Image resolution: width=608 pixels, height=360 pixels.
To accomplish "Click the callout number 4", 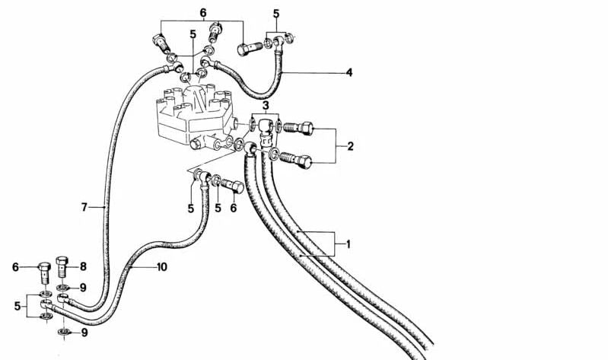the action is tap(349, 72).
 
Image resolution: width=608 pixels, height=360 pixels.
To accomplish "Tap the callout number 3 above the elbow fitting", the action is tap(266, 105).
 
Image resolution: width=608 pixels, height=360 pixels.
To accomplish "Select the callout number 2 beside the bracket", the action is tap(350, 146).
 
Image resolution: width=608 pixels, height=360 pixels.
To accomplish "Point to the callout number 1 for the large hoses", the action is tap(349, 244).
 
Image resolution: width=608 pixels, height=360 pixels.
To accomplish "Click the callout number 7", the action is tap(84, 207).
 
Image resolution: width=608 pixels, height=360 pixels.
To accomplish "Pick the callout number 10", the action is tap(162, 267).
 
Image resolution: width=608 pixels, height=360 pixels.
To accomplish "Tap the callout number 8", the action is tap(83, 266).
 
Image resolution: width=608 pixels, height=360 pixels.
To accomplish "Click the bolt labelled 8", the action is tap(62, 266).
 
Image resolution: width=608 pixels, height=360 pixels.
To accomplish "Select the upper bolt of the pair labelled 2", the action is tap(298, 127).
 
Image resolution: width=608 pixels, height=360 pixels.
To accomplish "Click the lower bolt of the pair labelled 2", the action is tap(295, 159).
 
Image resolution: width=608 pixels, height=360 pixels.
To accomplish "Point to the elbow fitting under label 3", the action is tap(266, 132).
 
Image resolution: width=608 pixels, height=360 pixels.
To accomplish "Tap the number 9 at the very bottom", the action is tap(84, 333).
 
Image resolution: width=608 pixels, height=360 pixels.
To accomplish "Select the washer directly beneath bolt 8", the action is tap(63, 288).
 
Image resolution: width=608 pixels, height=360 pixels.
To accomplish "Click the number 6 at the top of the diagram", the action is tap(203, 13).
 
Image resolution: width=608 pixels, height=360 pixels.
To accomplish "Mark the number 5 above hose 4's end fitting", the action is tap(275, 14).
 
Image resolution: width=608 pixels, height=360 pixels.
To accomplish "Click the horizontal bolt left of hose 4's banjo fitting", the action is tap(249, 49).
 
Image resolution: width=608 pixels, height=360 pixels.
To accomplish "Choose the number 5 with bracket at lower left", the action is tap(18, 306).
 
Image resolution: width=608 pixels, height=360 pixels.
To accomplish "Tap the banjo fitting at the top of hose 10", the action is tap(204, 178).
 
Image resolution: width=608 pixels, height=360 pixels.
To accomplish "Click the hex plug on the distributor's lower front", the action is tap(196, 144).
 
